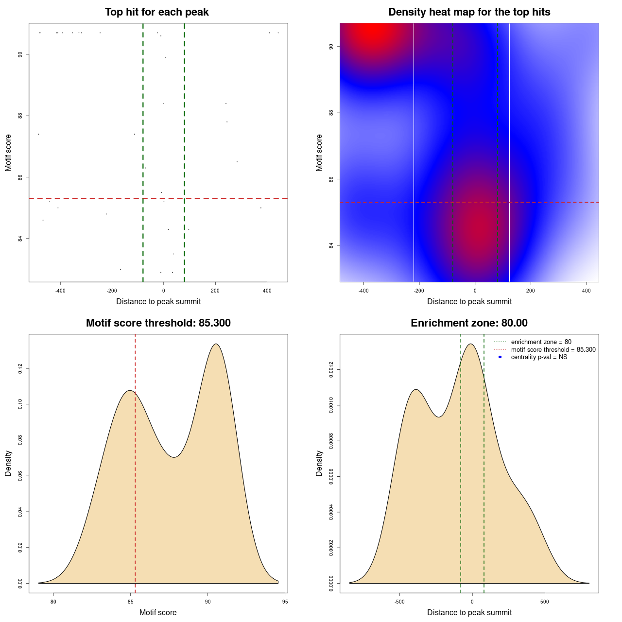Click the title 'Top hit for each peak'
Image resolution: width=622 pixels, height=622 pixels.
pyautogui.click(x=156, y=12)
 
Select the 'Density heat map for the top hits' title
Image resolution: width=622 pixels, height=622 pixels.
pyautogui.click(x=469, y=12)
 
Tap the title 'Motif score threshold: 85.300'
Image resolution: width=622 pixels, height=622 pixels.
pyautogui.click(x=158, y=323)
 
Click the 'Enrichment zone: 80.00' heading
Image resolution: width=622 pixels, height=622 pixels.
pyautogui.click(x=469, y=323)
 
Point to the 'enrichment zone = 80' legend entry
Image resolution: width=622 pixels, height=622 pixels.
pyautogui.click(x=541, y=342)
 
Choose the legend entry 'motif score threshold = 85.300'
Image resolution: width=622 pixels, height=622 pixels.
pyautogui.click(x=553, y=350)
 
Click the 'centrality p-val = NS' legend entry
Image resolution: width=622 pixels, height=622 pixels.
pyautogui.click(x=539, y=357)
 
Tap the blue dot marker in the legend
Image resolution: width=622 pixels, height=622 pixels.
pyautogui.click(x=500, y=357)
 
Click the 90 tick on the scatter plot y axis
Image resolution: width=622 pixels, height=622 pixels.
pyautogui.click(x=20, y=54)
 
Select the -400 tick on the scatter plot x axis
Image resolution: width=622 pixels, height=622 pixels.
pyautogui.click(x=60, y=291)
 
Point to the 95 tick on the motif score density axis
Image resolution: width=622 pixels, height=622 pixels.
pyautogui.click(x=285, y=602)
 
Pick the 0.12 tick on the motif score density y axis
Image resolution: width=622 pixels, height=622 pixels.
pyautogui.click(x=20, y=369)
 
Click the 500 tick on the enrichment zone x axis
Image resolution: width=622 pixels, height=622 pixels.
pyautogui.click(x=544, y=602)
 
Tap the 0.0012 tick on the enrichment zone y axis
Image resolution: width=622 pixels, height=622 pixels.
pyautogui.click(x=331, y=370)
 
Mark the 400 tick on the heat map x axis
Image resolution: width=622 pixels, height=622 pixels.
pyautogui.click(x=587, y=291)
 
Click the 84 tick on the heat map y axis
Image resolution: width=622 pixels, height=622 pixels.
pyautogui.click(x=331, y=245)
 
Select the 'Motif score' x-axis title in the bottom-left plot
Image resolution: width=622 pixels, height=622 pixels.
pyautogui.click(x=158, y=613)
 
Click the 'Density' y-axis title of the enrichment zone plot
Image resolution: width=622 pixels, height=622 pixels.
pyautogui.click(x=319, y=463)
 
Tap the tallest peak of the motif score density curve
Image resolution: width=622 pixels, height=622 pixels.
pyautogui.click(x=216, y=344)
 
